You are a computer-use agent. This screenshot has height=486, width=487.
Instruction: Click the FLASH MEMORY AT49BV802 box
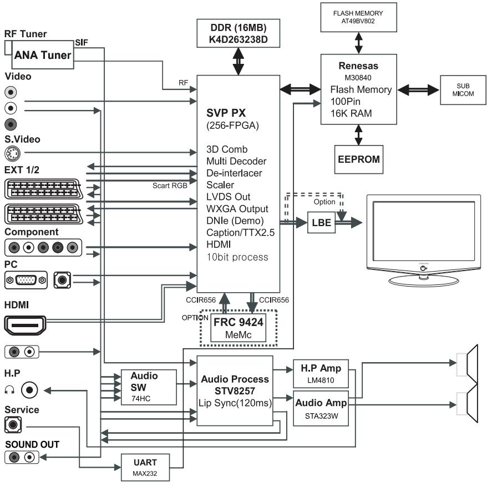pyautogui.click(x=358, y=17)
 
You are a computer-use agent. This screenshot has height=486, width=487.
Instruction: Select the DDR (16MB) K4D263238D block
pyautogui.click(x=238, y=33)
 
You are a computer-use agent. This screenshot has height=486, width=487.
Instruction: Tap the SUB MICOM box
pyautogui.click(x=463, y=90)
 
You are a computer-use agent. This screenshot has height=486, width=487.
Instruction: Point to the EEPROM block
pyautogui.click(x=359, y=159)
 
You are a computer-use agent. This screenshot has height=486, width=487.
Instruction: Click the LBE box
pyautogui.click(x=322, y=223)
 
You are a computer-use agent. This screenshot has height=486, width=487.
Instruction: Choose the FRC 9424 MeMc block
pyautogui.click(x=238, y=328)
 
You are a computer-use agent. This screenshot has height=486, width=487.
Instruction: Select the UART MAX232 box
pyautogui.click(x=145, y=467)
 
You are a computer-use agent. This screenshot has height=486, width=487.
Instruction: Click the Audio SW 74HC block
pyautogui.click(x=149, y=387)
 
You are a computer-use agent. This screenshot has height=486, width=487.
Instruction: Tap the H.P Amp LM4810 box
pyautogui.click(x=321, y=374)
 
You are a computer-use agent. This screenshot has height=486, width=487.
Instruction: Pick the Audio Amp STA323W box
pyautogui.click(x=321, y=409)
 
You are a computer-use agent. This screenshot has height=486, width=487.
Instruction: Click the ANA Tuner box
pyautogui.click(x=43, y=55)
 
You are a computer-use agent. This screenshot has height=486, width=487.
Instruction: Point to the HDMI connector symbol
pyautogui.click(x=25, y=325)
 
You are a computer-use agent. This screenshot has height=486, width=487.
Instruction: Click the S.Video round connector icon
pyautogui.click(x=13, y=153)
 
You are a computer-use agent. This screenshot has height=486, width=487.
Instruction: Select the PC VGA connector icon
pyautogui.click(x=26, y=280)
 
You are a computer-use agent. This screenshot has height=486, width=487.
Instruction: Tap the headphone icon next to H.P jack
pyautogui.click(x=9, y=390)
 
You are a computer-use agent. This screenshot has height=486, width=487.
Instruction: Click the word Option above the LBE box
pyautogui.click(x=324, y=202)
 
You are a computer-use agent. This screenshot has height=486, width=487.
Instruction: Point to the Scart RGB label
pyautogui.click(x=170, y=186)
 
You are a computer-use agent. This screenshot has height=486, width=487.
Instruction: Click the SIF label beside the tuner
pyautogui.click(x=82, y=43)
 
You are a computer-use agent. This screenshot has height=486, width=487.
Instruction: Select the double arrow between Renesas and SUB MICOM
pyautogui.click(x=418, y=90)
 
